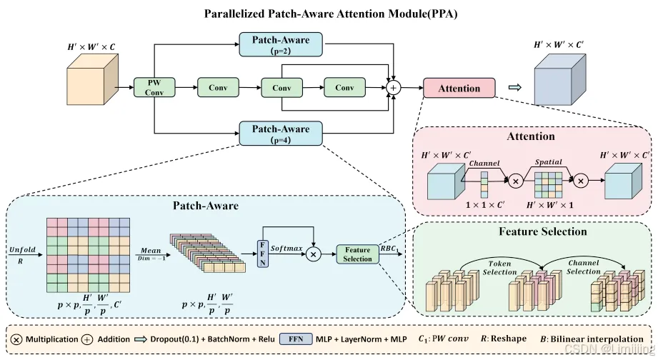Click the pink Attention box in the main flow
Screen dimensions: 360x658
click(459, 88)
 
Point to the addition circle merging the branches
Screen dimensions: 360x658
click(393, 88)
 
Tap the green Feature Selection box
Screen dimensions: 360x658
click(358, 254)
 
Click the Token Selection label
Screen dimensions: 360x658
click(499, 268)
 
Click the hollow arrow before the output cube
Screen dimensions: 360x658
click(514, 88)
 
